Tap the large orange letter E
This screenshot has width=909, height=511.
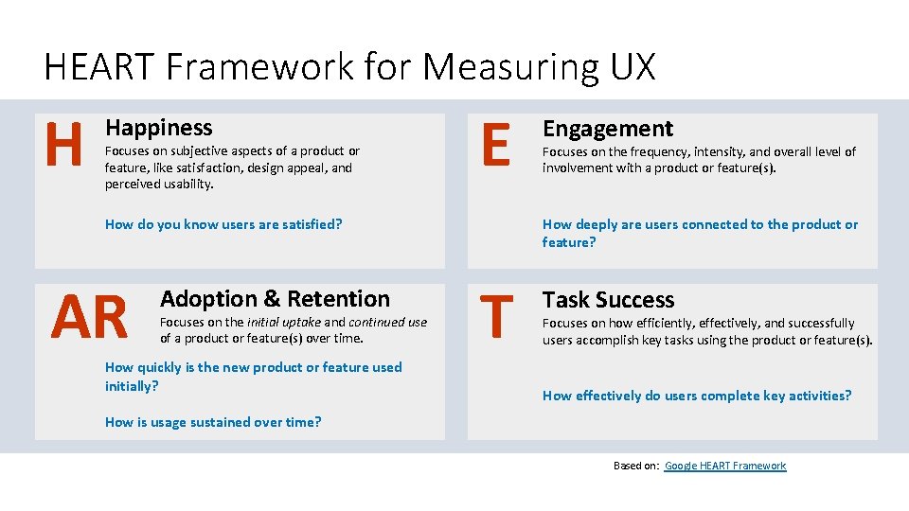(x=494, y=147)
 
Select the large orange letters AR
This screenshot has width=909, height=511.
(x=90, y=317)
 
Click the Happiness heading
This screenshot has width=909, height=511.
(x=158, y=128)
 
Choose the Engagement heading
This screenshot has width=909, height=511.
(x=607, y=129)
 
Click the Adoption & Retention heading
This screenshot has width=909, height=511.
(x=275, y=299)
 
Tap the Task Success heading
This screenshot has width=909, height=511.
(x=608, y=300)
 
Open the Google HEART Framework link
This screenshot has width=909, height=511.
(x=725, y=466)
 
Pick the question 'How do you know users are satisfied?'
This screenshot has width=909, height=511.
(x=223, y=224)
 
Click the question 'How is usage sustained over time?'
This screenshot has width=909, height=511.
(x=213, y=422)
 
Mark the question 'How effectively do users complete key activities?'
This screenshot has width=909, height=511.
(x=697, y=396)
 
